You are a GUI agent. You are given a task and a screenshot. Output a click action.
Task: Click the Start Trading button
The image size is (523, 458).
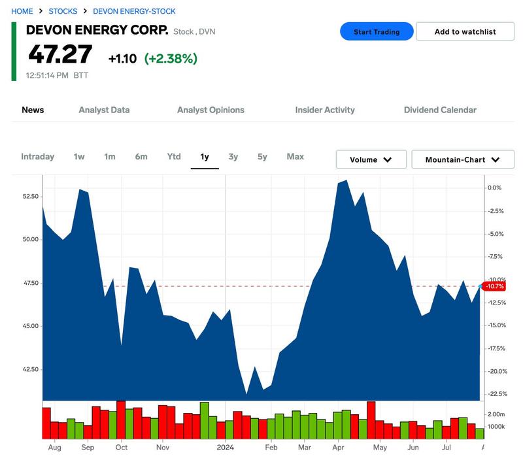[377, 31]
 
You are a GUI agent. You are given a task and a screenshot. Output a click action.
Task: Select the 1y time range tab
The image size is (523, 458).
[205, 157]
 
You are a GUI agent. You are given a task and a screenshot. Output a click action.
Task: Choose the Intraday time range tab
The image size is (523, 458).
[37, 157]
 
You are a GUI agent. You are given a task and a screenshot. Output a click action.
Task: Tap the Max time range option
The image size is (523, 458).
[295, 157]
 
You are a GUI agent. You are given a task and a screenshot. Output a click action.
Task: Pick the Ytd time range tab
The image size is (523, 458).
[174, 157]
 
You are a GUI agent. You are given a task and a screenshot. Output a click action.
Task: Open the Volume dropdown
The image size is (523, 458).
[371, 159]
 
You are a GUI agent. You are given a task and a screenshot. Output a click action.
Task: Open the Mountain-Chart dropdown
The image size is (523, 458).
[462, 159]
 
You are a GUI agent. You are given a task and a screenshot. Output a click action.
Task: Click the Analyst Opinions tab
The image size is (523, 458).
[211, 110]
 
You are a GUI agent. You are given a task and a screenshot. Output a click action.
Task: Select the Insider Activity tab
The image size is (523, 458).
[325, 110]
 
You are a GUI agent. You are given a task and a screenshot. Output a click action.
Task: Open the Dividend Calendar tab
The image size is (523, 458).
[440, 110]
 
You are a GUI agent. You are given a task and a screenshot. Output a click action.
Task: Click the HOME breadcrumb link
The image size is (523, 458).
[22, 11]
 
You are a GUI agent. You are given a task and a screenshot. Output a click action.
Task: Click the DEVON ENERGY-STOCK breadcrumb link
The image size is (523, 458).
[134, 11]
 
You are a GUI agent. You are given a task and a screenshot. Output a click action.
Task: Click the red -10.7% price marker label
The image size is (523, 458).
[495, 286]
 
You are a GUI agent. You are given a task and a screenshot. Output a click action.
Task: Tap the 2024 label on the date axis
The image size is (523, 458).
[225, 448]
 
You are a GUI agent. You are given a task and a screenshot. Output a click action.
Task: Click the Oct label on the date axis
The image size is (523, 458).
[121, 448]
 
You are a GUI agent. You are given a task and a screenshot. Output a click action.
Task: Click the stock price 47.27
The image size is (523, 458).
[59, 55]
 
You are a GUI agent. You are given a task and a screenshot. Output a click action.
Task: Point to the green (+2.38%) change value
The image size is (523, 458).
[171, 59]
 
